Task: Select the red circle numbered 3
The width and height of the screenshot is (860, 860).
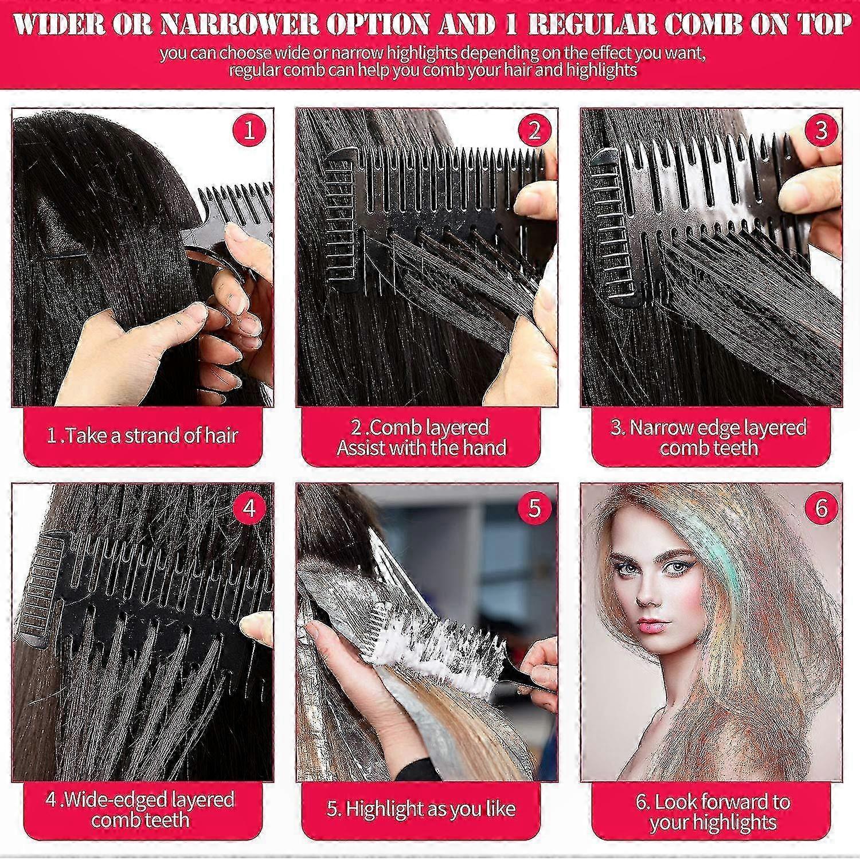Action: [x=821, y=131]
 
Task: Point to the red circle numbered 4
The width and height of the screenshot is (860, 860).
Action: [x=249, y=508]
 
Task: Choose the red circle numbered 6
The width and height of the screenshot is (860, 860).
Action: [x=821, y=508]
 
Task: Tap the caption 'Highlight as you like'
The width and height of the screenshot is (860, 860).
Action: [x=421, y=809]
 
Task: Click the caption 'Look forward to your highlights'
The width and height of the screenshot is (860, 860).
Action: [x=713, y=812]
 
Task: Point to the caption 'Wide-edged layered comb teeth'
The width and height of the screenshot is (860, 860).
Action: [x=140, y=809]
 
